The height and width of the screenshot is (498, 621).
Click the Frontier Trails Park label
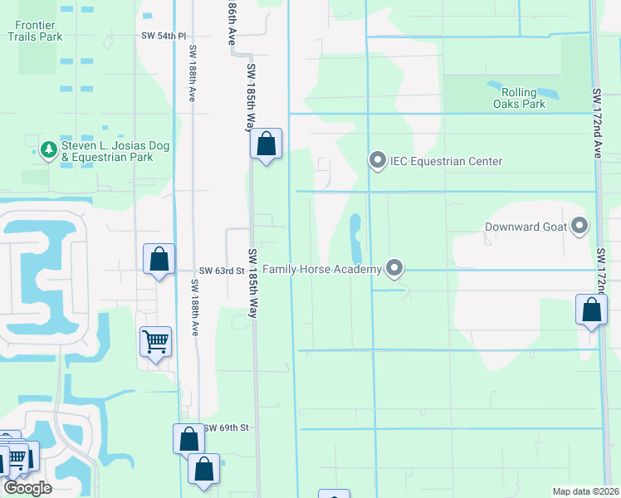(34, 31)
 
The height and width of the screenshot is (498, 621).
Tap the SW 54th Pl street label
(164, 37)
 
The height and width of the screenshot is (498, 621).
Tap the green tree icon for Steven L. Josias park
(48, 149)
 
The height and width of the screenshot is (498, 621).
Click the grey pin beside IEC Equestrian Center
(378, 160)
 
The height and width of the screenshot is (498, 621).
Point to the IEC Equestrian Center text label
(447, 161)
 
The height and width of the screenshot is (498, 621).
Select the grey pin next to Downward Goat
(579, 226)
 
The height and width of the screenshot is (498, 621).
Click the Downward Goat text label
(526, 227)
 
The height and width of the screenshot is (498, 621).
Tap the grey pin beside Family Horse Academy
(395, 268)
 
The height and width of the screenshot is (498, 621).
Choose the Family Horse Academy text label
(322, 269)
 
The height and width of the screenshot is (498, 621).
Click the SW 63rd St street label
(221, 271)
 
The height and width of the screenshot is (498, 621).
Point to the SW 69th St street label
(226, 427)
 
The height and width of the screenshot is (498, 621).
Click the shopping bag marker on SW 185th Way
(266, 144)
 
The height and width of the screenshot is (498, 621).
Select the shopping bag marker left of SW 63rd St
(159, 259)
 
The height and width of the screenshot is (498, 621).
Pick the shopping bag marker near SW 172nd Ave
(591, 310)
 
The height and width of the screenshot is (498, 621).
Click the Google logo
(27, 488)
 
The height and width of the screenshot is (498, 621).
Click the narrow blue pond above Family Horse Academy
(356, 237)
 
